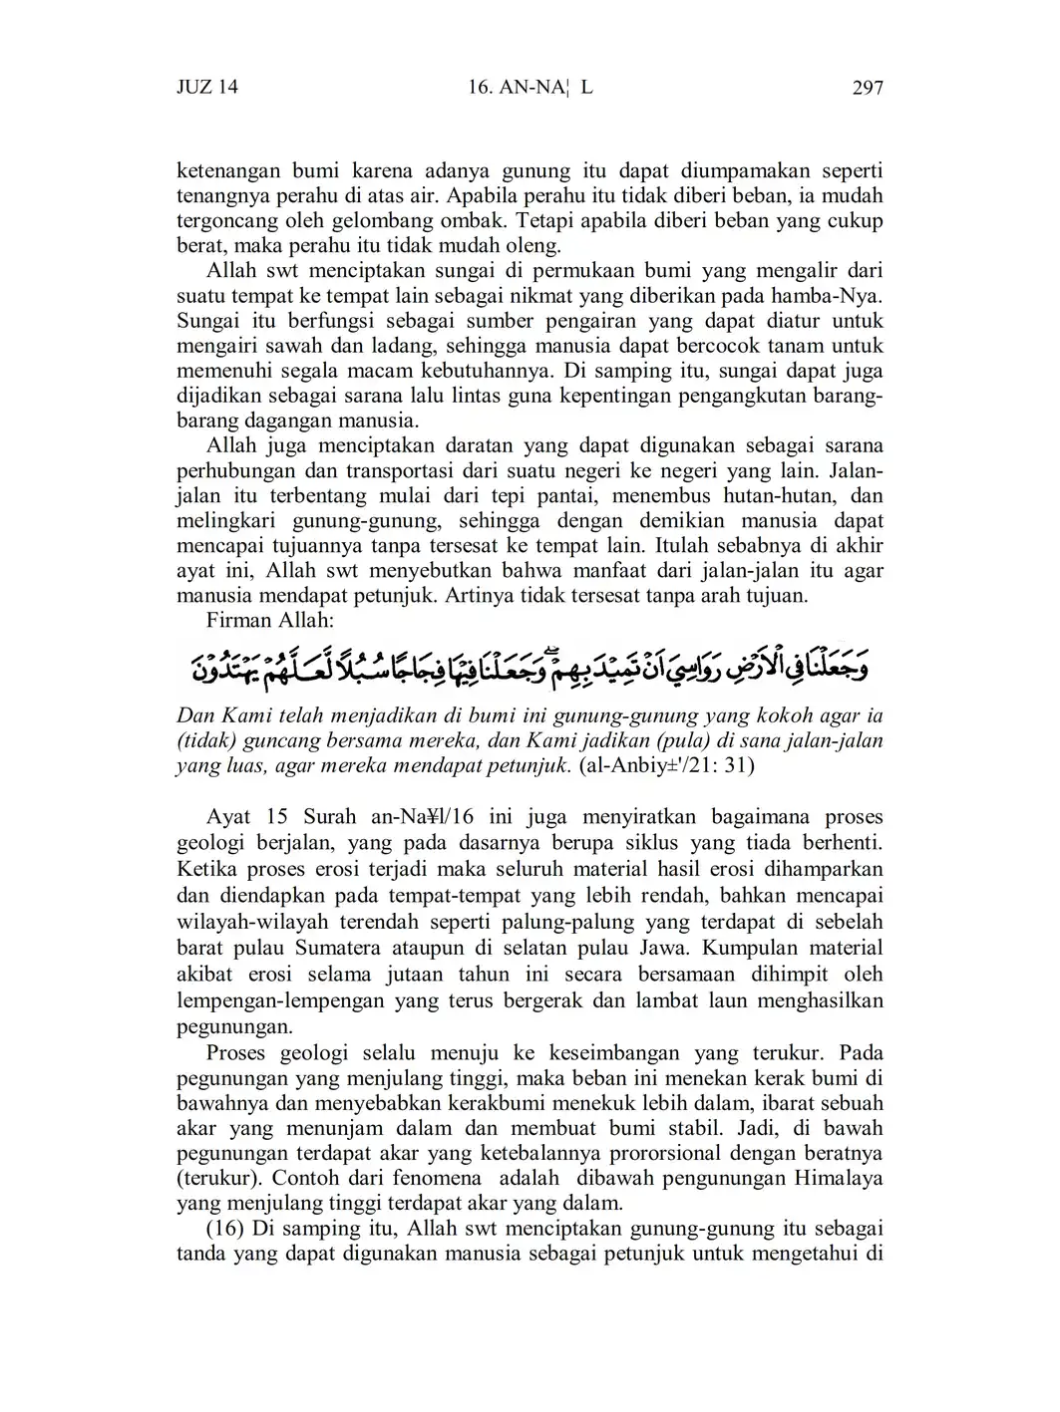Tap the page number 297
(868, 88)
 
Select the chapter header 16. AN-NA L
(530, 87)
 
